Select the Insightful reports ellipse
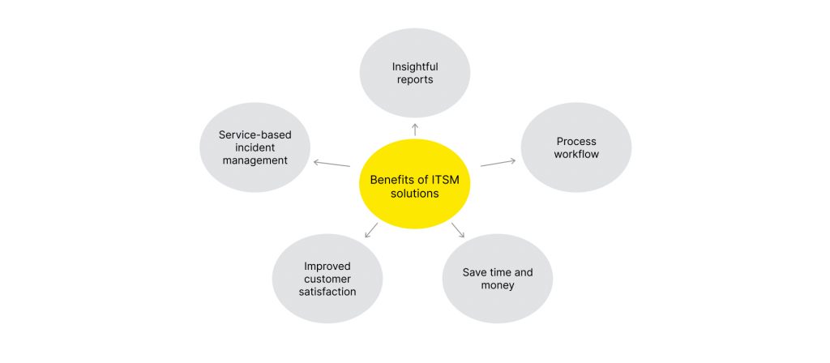(414, 73)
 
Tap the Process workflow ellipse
(576, 147)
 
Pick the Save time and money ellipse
(498, 278)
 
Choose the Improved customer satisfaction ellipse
(329, 278)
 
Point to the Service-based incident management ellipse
(255, 147)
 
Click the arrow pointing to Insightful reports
(415, 129)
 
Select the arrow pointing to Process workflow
(498, 162)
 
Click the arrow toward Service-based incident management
(332, 164)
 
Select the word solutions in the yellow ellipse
(414, 194)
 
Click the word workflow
(576, 154)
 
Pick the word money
(498, 285)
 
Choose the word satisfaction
(329, 292)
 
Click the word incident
(255, 147)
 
